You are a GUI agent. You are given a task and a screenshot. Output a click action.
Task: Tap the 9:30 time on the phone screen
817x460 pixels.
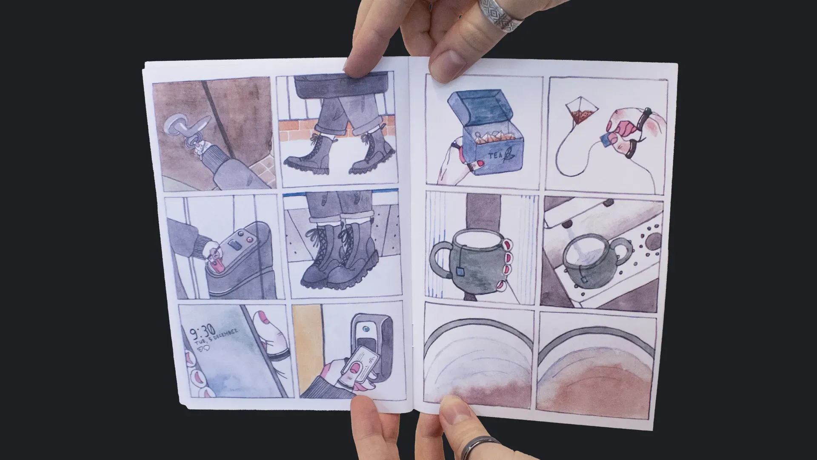click(202, 331)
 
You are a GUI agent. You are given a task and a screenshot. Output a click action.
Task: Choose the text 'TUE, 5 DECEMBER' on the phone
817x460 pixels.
click(217, 338)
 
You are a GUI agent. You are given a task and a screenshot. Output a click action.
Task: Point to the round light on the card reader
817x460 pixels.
click(365, 329)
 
